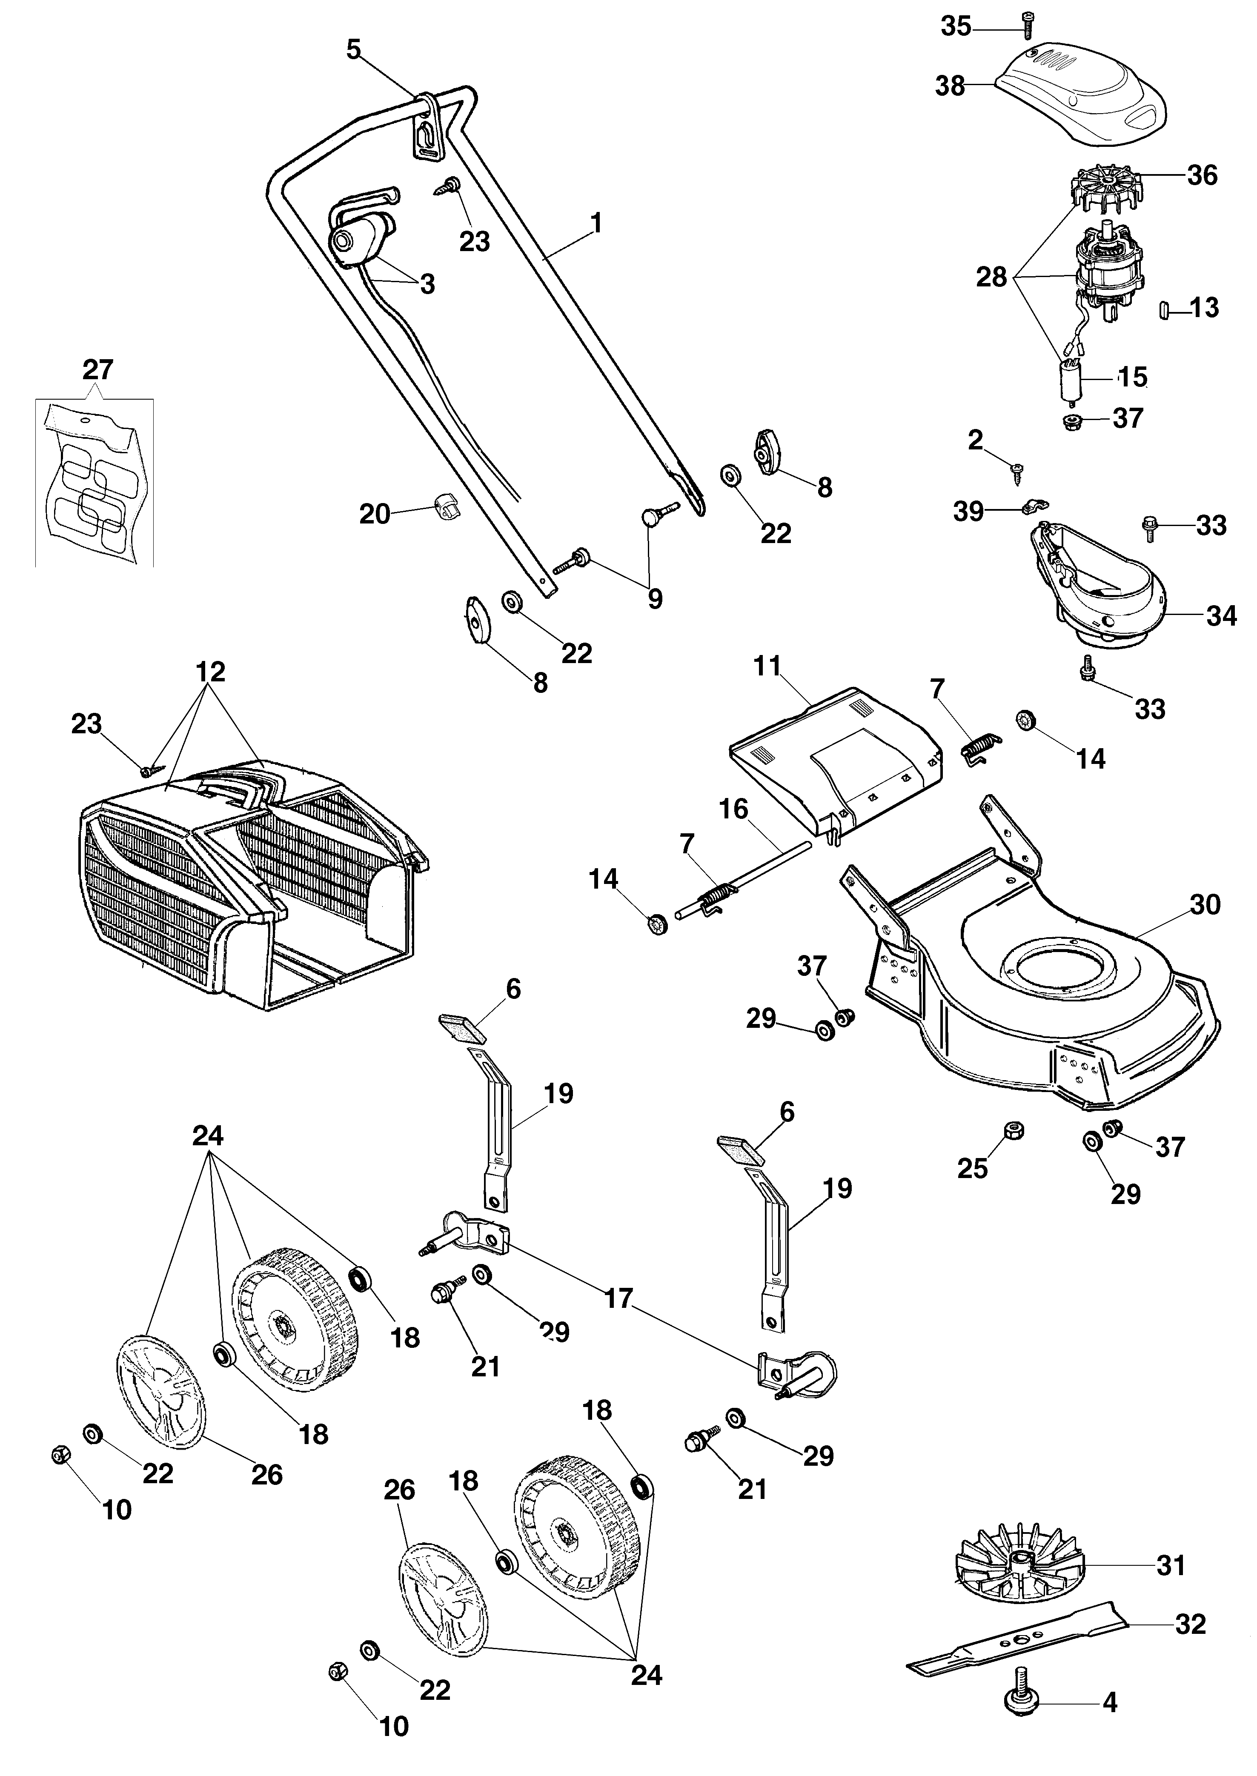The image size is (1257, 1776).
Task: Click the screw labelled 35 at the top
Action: click(1027, 27)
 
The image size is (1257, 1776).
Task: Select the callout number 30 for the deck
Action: click(1204, 905)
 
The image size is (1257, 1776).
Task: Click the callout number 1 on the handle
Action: click(596, 223)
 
